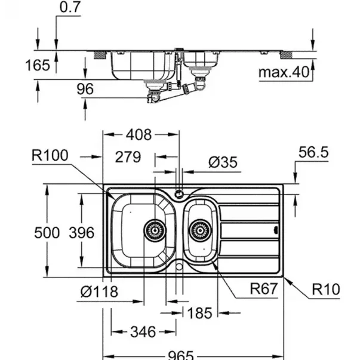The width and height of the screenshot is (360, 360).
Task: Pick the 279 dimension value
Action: (128, 158)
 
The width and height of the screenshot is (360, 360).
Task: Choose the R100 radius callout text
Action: (52, 156)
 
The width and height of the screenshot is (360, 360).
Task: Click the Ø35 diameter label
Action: (222, 161)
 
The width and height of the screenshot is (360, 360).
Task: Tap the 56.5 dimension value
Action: (313, 153)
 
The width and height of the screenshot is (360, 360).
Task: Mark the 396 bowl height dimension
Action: (80, 232)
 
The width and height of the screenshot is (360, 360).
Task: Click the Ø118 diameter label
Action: (99, 293)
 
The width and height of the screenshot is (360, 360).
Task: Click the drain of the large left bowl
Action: (153, 227)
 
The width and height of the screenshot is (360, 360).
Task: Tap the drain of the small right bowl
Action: (200, 229)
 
